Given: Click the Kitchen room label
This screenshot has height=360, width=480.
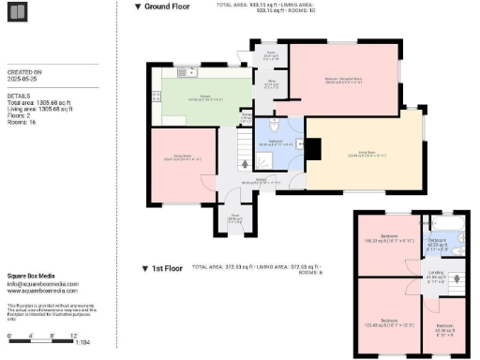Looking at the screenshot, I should pos(202,97).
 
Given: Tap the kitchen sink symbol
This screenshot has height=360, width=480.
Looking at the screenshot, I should pos(190,72).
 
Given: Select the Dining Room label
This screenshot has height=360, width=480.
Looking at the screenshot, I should pos(182,159).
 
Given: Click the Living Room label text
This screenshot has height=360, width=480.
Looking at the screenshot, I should pos(363,155).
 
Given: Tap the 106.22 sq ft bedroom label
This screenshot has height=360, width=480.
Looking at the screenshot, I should pos(389,238).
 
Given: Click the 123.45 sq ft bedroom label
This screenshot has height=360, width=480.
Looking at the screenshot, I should pos(389,323).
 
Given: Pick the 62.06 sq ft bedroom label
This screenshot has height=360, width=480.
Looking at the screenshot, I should pos(445,328).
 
